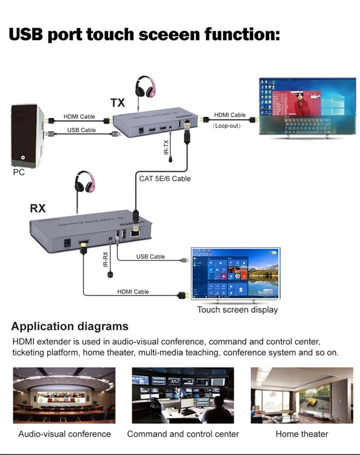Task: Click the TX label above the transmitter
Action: pos(117,103)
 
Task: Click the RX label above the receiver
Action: pos(38,208)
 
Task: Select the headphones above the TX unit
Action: pos(145,87)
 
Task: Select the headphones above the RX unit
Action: pos(85,182)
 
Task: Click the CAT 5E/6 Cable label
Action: pos(165,179)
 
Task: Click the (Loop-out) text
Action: pos(226,126)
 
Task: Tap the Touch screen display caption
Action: pos(237,310)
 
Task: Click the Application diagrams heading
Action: pos(70,326)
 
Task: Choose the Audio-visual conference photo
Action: pos(64,395)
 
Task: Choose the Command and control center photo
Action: pos(183,395)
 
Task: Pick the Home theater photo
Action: pos(301,395)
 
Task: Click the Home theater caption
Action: pos(301,434)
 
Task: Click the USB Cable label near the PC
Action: pos(81,130)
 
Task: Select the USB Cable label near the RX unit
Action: pos(150,257)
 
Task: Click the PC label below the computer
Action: pos(19,172)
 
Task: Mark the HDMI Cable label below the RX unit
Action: pos(133,292)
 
